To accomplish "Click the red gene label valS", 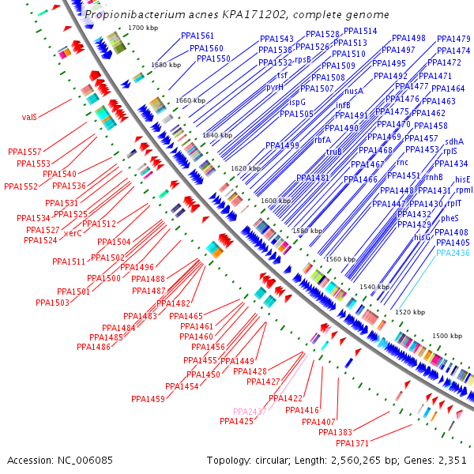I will (29, 117).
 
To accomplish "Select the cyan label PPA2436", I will (453, 253).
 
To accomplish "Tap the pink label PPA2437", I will (250, 412).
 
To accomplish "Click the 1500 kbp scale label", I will (446, 336).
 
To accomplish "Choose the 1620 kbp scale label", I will (245, 169).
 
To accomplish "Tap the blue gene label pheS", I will (450, 218).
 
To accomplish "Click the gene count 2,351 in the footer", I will (451, 460).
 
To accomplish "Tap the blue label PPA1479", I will (453, 39).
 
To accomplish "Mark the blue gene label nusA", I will (354, 92).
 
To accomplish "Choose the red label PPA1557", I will (24, 151).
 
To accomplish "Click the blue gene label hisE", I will (463, 179).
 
